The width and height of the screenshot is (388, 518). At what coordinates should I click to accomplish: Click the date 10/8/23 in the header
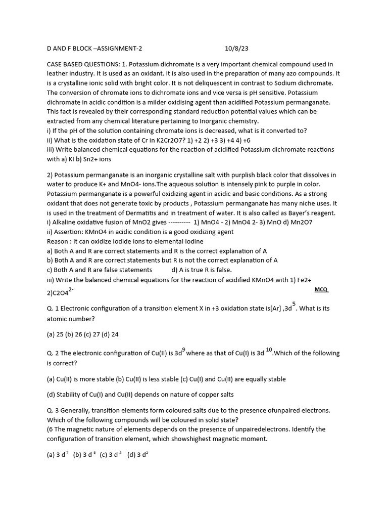click(236, 49)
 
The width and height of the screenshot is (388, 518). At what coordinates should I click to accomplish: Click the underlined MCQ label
click(321, 289)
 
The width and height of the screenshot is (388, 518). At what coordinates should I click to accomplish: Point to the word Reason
click(57, 241)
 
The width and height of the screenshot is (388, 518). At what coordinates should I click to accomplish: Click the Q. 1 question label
click(53, 308)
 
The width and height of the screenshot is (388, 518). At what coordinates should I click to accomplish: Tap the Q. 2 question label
click(53, 353)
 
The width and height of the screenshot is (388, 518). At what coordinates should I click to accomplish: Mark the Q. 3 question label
click(53, 410)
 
